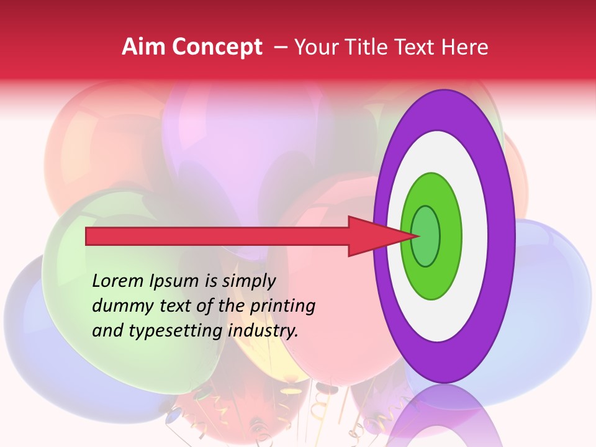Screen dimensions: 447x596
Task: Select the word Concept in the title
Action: coord(217,47)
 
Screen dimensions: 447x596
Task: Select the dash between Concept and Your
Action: coord(280,47)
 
